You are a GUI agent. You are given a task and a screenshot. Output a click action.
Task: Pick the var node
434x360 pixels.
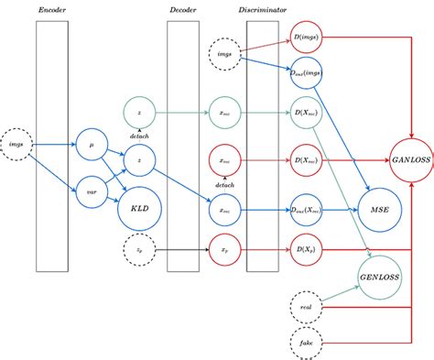[92, 192]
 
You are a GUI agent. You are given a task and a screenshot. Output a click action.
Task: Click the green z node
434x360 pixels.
[138, 113]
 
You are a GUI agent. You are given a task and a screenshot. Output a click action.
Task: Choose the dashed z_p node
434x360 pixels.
[138, 248]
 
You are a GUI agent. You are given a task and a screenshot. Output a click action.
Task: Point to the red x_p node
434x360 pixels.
[225, 248]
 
